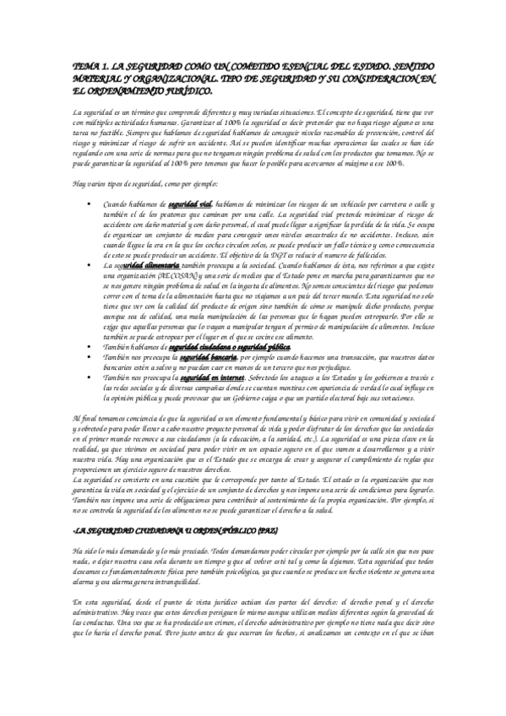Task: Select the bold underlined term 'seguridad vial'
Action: coord(190,204)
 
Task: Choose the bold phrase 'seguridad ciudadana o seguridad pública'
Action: coord(229,346)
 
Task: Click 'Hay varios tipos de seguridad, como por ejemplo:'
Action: coord(142,182)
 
